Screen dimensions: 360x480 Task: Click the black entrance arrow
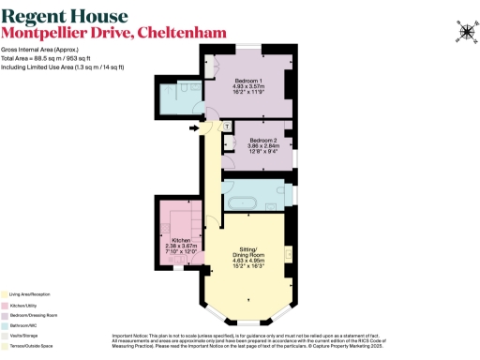(x=194, y=127)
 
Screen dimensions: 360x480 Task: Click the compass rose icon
(x=466, y=31)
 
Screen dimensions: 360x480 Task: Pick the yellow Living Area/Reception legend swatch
(x=5, y=294)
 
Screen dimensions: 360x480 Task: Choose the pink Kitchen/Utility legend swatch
(x=5, y=306)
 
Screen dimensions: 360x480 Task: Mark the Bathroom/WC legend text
(x=29, y=326)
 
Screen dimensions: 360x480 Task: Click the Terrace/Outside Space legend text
(x=37, y=347)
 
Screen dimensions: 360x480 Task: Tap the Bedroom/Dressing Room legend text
(x=38, y=316)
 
